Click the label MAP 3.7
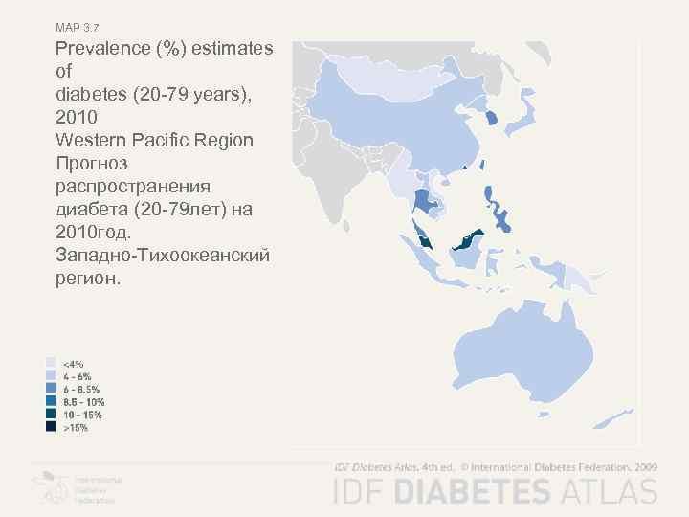(x=77, y=27)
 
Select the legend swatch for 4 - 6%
(x=51, y=376)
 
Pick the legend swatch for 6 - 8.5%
(x=51, y=390)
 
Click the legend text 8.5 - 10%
(x=83, y=402)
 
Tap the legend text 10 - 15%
(x=82, y=416)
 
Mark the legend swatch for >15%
(x=51, y=428)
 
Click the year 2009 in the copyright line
(x=645, y=467)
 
